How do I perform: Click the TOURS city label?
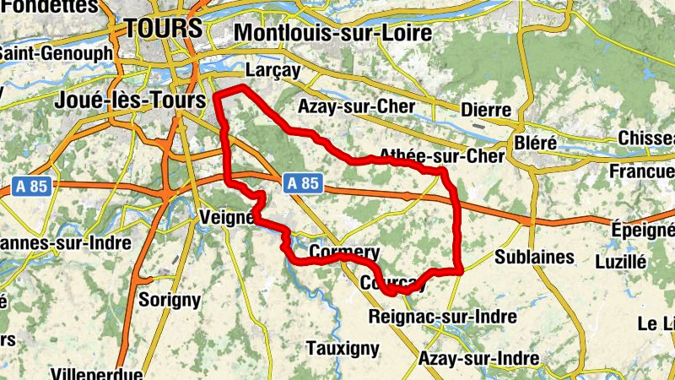(x=163, y=28)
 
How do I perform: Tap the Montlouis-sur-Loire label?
(x=332, y=33)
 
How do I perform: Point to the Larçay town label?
(x=272, y=71)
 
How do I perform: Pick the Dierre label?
(x=486, y=110)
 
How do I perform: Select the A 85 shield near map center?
(x=301, y=182)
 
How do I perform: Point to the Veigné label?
(x=226, y=217)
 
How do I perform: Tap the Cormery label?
(x=344, y=252)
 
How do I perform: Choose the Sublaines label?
(x=534, y=256)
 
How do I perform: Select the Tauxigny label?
(x=341, y=348)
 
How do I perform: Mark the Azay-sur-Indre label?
(x=478, y=358)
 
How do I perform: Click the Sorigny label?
(x=169, y=299)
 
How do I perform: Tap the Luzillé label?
(x=620, y=262)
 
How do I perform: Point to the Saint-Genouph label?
(x=55, y=52)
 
